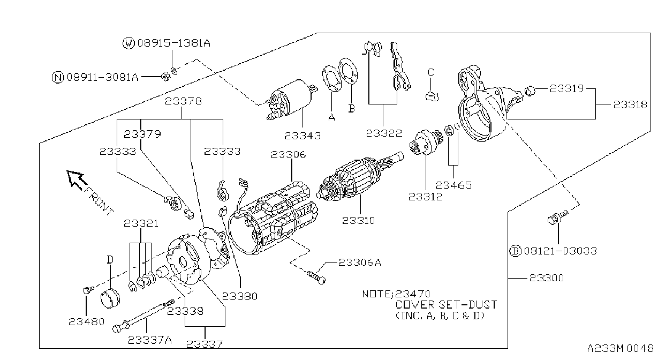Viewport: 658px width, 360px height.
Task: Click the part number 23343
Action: (302, 136)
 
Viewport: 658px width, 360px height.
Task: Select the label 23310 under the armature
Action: (359, 220)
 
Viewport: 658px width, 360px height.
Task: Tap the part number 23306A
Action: (360, 262)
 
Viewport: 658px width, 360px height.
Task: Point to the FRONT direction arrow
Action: (77, 180)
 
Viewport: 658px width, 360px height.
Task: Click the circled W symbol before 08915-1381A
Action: (128, 43)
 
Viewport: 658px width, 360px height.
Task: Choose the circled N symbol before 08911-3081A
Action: (58, 78)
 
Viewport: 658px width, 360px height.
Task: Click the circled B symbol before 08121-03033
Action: (515, 251)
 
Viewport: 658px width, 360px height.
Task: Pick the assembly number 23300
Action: (547, 278)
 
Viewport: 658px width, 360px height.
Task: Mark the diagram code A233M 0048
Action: (620, 348)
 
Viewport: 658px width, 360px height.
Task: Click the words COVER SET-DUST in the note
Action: (446, 305)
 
